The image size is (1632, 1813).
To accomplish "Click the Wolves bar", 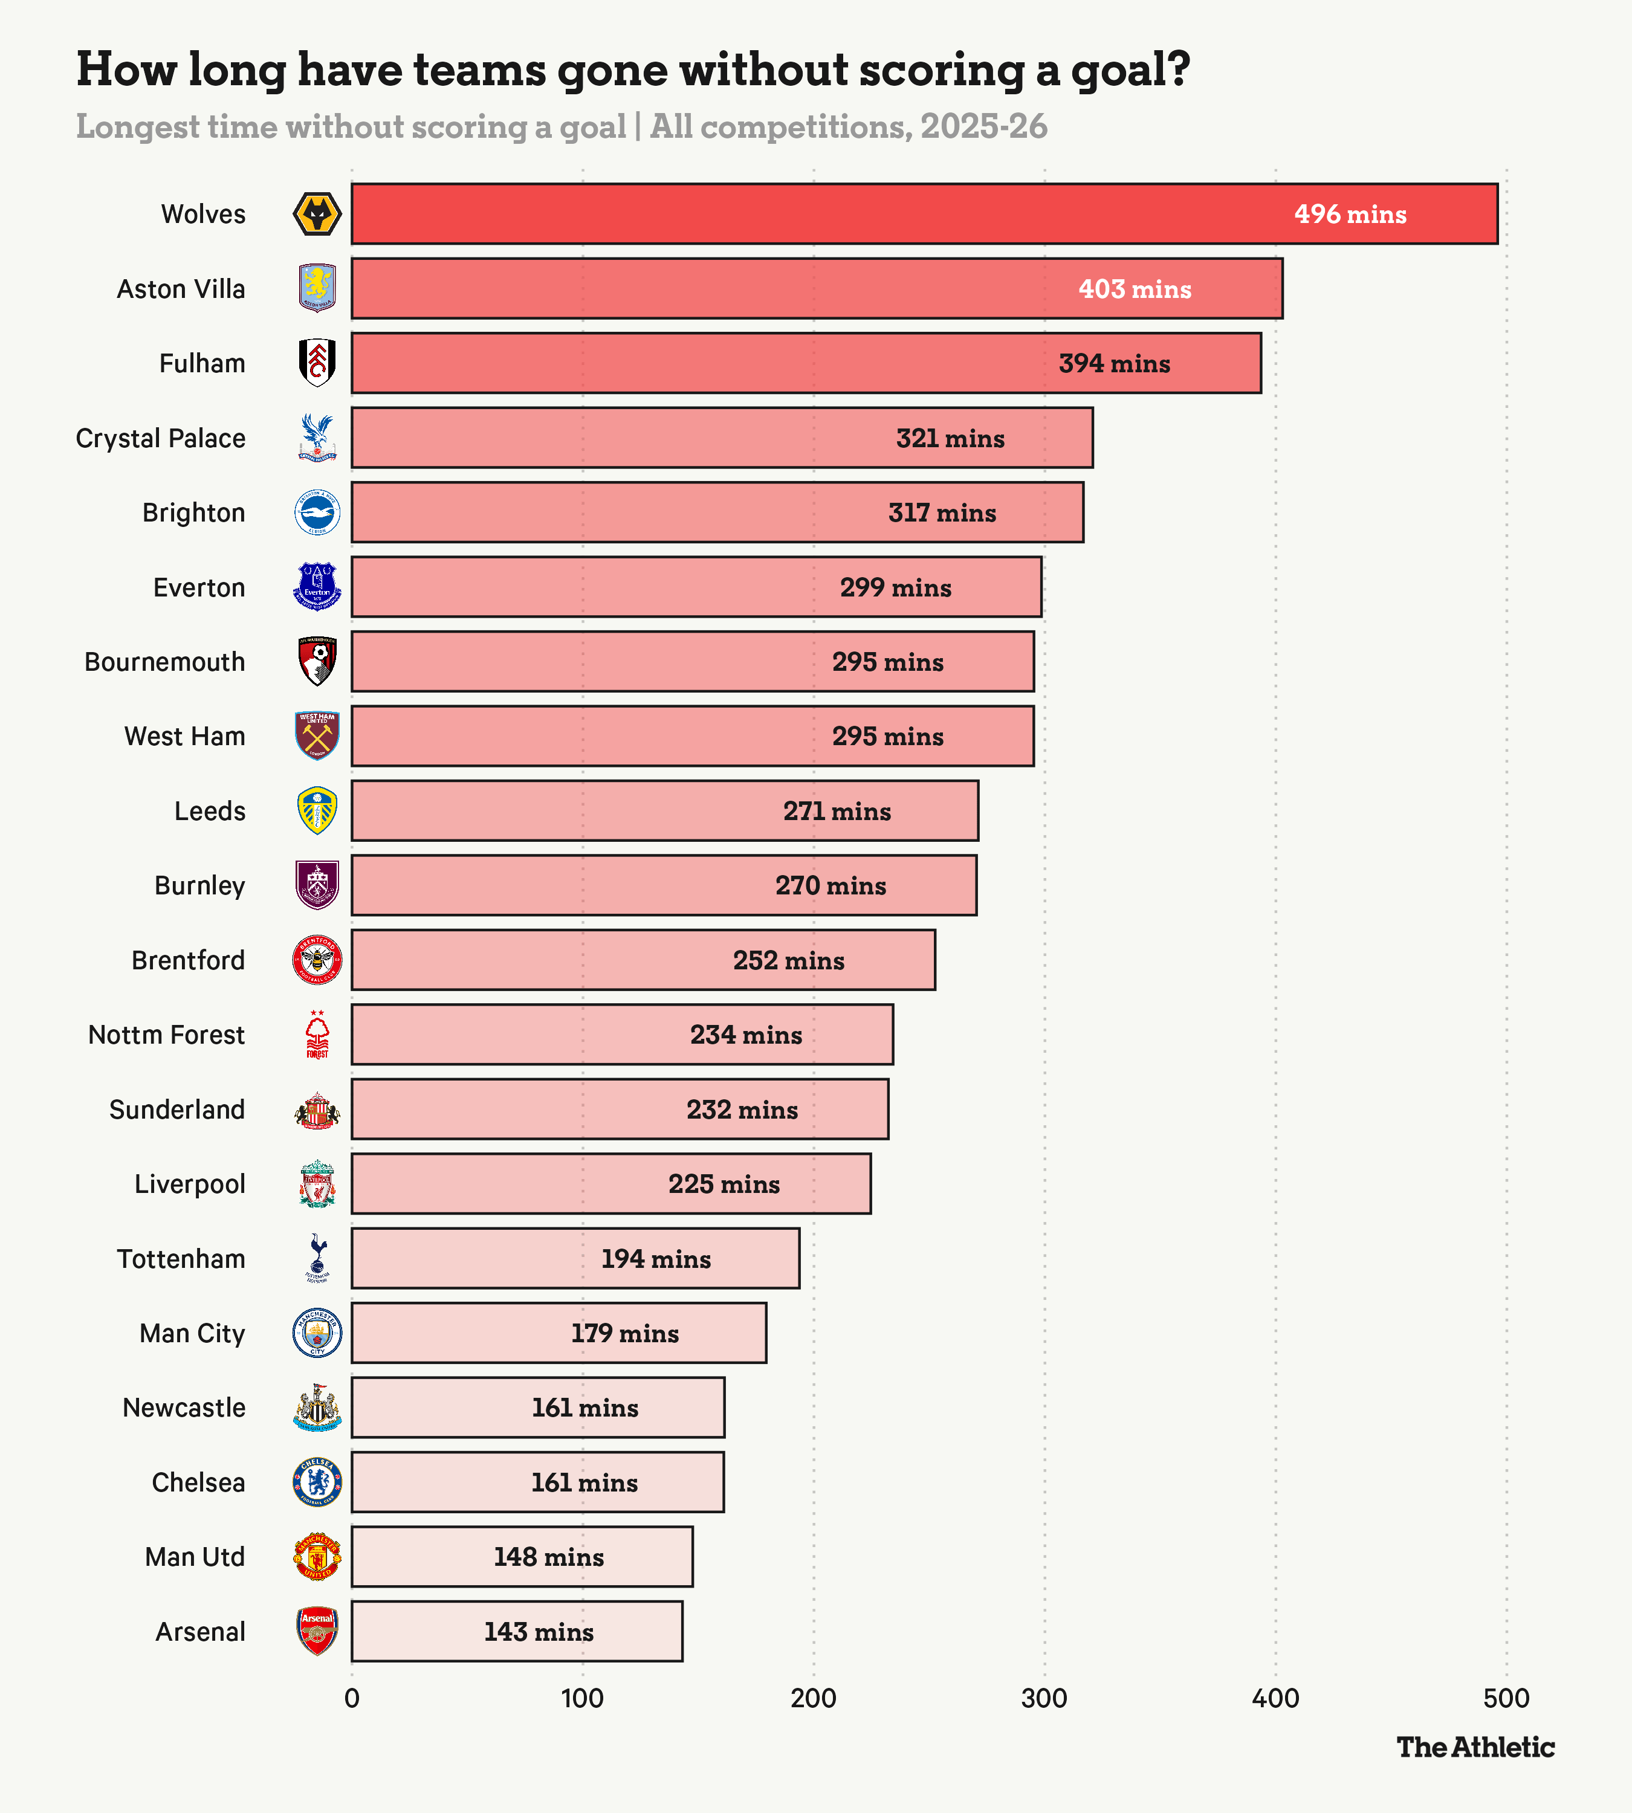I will (924, 213).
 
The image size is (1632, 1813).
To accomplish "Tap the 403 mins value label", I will (1135, 289).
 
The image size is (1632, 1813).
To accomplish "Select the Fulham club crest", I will (317, 363).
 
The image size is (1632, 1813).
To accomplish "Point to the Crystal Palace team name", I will (161, 439).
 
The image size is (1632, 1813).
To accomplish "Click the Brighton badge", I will (317, 513).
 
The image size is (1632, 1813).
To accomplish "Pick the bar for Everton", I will (696, 587).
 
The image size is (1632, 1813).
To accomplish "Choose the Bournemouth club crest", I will (317, 662).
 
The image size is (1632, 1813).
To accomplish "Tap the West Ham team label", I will (185, 736).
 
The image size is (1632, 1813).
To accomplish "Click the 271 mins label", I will (837, 812).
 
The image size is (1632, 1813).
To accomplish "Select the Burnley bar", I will (664, 886).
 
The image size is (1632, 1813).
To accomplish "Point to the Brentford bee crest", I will (317, 960).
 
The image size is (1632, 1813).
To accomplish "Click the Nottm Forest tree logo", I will (317, 1035).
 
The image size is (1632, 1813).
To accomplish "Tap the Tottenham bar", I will (575, 1259).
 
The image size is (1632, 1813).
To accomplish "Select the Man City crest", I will (317, 1333).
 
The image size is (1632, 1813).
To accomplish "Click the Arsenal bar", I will (517, 1632).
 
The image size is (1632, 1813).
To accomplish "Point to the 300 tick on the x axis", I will (1044, 1698).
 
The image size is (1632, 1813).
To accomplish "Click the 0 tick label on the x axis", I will (352, 1698).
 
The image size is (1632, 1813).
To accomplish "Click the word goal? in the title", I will (1130, 70).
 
